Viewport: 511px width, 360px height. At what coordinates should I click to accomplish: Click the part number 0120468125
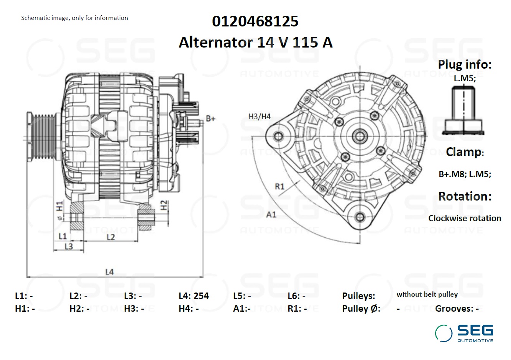tap(255, 21)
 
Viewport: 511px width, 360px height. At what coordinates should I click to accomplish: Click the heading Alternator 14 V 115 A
tap(255, 42)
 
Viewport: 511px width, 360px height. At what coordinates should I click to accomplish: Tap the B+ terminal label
tap(210, 118)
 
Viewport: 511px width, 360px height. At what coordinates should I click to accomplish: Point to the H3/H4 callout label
tap(260, 116)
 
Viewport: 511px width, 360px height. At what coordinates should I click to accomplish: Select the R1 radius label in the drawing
tap(280, 186)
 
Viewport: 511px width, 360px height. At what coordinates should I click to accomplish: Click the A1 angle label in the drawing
tap(271, 215)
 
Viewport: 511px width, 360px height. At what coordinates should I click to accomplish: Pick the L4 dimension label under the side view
tap(110, 272)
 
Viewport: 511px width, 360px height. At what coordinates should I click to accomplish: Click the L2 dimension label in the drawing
tap(110, 237)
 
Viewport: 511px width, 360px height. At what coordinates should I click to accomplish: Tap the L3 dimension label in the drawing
tap(69, 246)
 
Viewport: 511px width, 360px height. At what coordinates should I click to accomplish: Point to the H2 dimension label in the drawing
tap(164, 205)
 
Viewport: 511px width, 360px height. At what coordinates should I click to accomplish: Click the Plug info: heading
tap(465, 64)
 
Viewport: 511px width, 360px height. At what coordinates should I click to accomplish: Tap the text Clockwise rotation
tap(465, 218)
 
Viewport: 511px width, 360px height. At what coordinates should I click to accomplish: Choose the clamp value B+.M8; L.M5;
tap(465, 174)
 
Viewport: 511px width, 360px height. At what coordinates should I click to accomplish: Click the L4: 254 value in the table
tap(194, 296)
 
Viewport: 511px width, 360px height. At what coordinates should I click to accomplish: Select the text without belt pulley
tap(427, 294)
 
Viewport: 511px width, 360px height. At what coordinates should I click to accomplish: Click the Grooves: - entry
tap(457, 308)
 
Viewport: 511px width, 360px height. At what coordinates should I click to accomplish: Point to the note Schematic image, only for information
tap(74, 18)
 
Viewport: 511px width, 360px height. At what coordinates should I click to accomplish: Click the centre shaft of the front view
tap(360, 136)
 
